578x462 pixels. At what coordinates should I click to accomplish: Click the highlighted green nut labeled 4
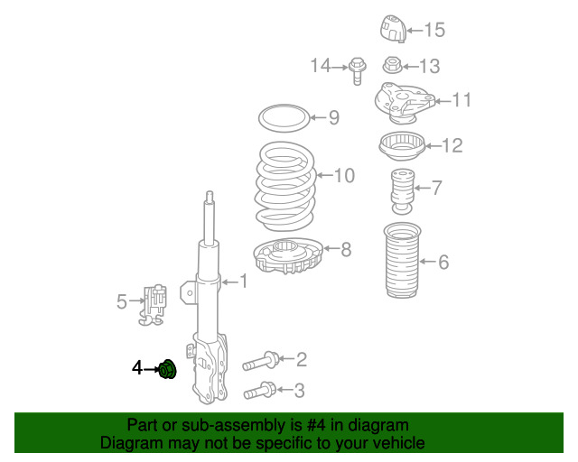click(x=167, y=369)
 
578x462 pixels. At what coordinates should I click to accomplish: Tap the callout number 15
click(x=434, y=30)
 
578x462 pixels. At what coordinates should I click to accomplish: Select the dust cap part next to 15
click(x=393, y=29)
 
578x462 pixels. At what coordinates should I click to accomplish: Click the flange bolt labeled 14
click(x=357, y=71)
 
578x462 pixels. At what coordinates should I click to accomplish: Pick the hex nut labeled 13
click(x=392, y=66)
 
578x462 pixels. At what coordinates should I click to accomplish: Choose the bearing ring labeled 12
click(x=402, y=146)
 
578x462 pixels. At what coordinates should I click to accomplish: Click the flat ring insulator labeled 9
click(x=284, y=118)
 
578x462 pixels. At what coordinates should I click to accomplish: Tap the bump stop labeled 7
click(x=402, y=191)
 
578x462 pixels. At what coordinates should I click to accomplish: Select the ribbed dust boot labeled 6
click(x=402, y=260)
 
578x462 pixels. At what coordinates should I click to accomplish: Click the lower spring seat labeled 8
click(x=288, y=255)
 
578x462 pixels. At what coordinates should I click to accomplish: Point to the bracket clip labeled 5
click(x=153, y=305)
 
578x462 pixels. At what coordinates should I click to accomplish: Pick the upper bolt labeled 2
click(x=261, y=361)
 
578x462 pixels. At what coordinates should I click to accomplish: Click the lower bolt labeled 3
click(x=260, y=391)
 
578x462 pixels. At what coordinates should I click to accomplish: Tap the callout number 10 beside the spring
click(x=344, y=175)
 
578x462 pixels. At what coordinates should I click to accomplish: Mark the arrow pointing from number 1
click(x=230, y=282)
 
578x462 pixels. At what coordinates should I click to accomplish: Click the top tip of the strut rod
click(x=210, y=191)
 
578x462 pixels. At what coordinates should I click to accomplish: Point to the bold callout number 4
click(x=137, y=368)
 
